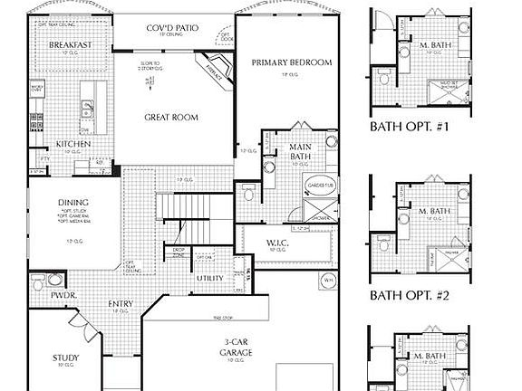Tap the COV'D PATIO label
(x=174, y=28)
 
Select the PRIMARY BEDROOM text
(x=292, y=62)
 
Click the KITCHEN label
(x=73, y=144)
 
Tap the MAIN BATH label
(x=302, y=152)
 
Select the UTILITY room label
(x=211, y=278)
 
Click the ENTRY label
(x=120, y=304)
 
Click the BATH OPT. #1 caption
(x=410, y=127)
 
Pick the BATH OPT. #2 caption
(x=410, y=294)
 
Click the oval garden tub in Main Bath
(x=314, y=186)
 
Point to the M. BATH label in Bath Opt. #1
(x=436, y=44)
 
